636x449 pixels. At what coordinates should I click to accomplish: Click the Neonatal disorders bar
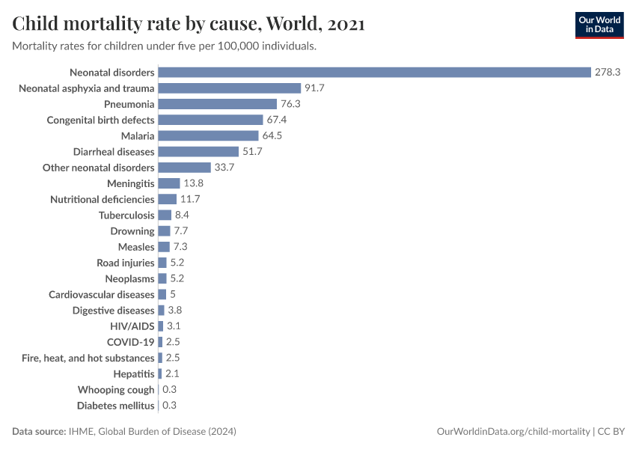click(374, 73)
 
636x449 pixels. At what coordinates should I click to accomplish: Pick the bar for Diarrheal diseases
click(198, 151)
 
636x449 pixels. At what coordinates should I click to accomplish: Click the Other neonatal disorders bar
click(185, 168)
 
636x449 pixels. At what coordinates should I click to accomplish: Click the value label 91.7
click(315, 88)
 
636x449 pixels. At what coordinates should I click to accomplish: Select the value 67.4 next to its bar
click(278, 120)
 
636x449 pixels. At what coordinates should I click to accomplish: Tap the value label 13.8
click(194, 183)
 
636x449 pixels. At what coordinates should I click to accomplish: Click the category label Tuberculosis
click(126, 215)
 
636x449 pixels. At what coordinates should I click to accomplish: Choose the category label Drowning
click(132, 231)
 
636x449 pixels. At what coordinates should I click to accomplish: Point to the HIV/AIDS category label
click(132, 326)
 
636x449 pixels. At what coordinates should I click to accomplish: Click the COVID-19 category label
click(130, 342)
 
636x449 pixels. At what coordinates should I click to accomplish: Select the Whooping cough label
click(116, 390)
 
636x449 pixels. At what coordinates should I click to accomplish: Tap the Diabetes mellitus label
click(116, 406)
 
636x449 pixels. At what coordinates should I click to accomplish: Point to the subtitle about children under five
click(164, 46)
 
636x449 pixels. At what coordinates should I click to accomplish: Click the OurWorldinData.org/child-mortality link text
click(513, 432)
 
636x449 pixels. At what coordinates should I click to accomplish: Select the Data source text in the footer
click(124, 432)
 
